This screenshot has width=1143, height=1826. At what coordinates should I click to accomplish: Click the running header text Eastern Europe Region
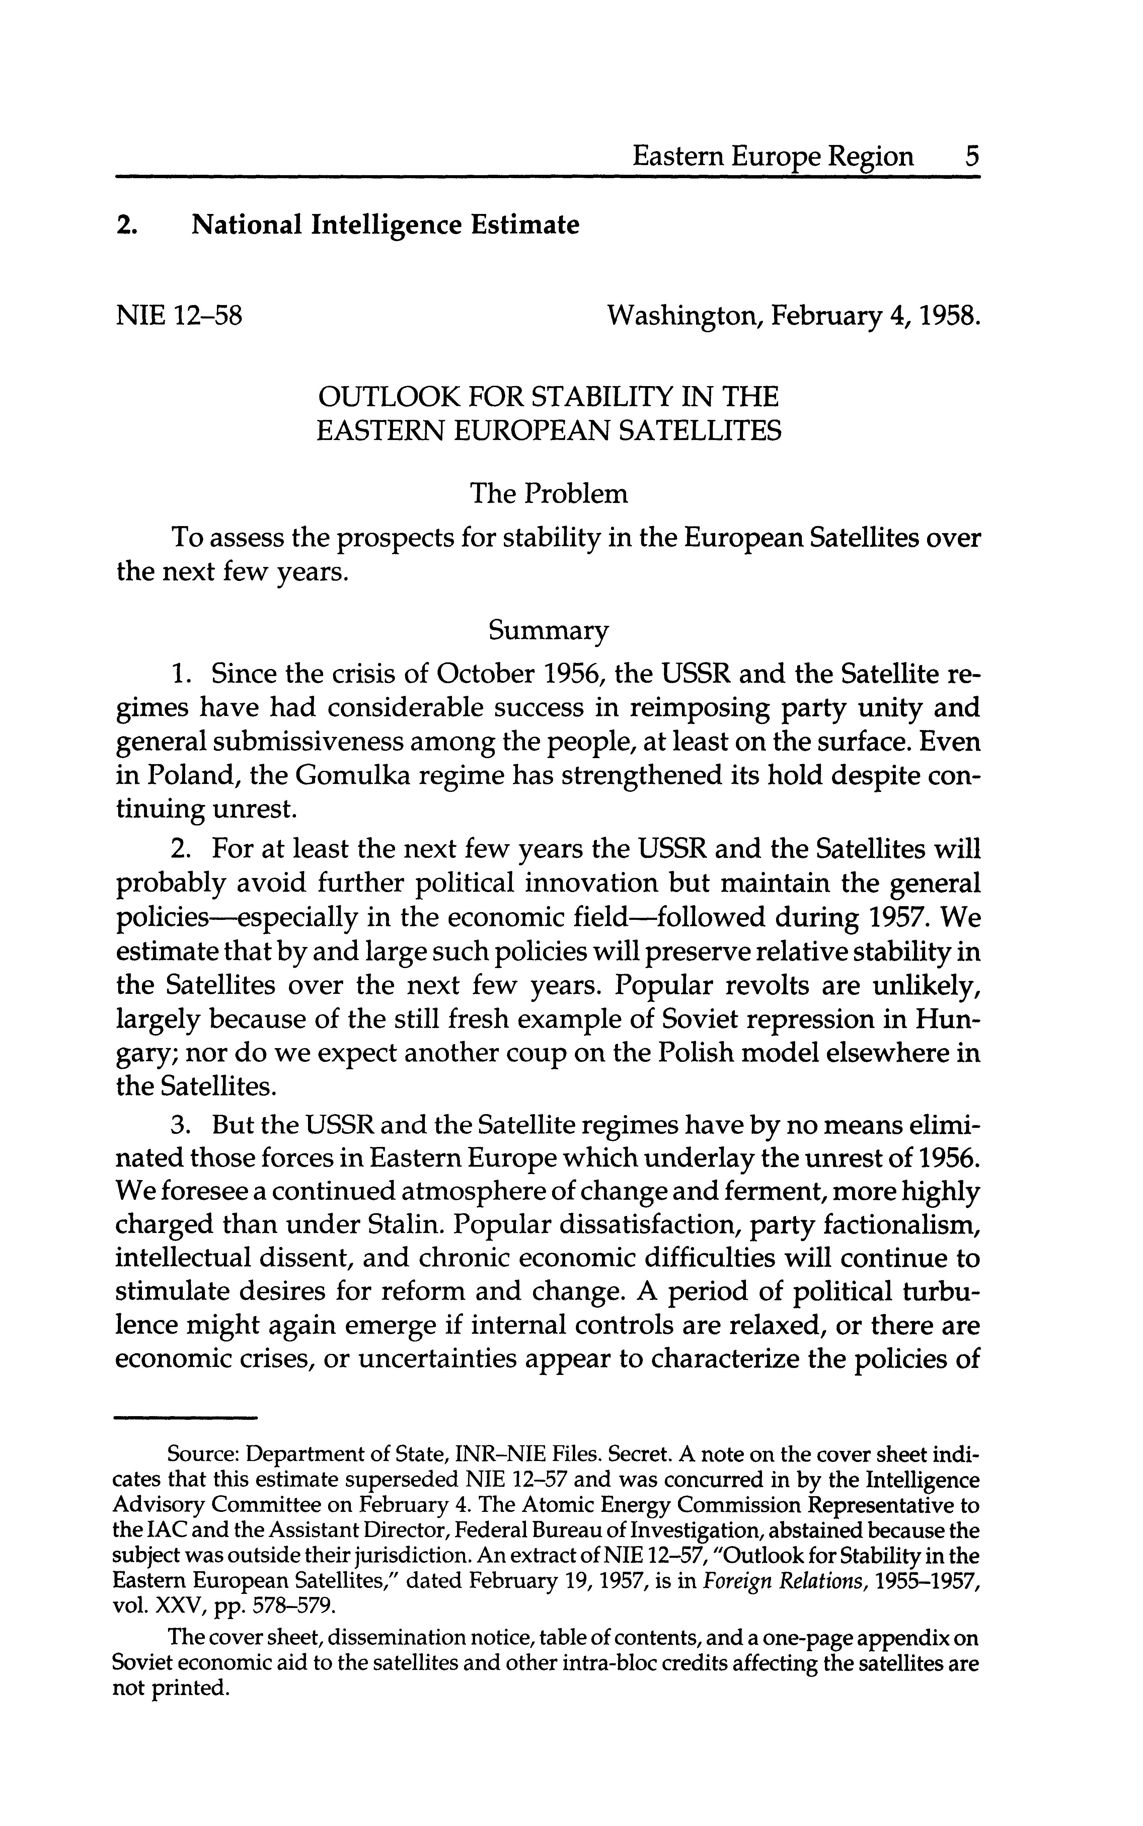[773, 156]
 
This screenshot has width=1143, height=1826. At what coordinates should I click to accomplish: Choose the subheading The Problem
[548, 494]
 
